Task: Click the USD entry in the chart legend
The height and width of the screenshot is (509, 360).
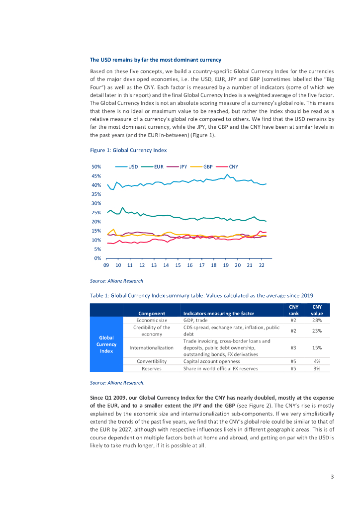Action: tap(133, 167)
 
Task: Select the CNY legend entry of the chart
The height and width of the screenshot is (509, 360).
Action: tap(233, 167)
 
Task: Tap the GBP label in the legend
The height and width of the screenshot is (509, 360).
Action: tap(208, 167)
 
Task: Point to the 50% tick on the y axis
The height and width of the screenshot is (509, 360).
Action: tap(96, 167)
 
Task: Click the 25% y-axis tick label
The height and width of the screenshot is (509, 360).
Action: tap(96, 213)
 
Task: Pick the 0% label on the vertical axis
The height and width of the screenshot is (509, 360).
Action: tap(98, 258)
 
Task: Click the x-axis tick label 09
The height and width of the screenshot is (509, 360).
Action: tap(106, 265)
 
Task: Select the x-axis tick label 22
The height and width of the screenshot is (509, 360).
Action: tap(262, 265)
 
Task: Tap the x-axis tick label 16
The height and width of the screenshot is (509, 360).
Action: tap(190, 265)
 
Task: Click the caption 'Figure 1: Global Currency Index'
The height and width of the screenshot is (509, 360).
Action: tap(128, 150)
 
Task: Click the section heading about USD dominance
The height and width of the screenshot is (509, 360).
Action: tap(155, 60)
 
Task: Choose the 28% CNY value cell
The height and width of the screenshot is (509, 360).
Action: tap(317, 321)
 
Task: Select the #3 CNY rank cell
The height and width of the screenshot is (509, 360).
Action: tap(293, 348)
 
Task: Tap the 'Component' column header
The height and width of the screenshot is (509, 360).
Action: tap(152, 314)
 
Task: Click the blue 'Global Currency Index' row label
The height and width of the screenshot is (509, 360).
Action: tap(106, 344)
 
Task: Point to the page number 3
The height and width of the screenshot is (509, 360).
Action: tap(332, 477)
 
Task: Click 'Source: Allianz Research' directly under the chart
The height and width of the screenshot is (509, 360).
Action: tap(116, 281)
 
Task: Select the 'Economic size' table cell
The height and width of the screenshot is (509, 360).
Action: tap(152, 321)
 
